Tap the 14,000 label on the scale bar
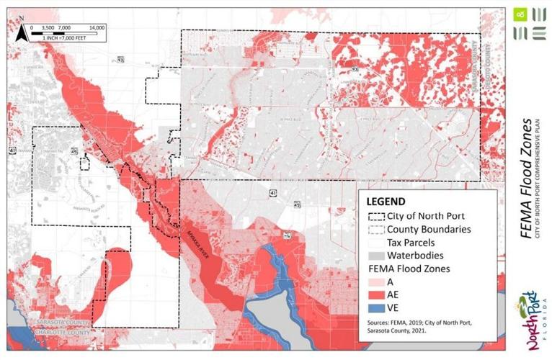click(x=97, y=27)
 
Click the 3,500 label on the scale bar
click(x=48, y=27)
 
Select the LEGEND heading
click(x=386, y=201)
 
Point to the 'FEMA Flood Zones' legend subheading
click(x=407, y=269)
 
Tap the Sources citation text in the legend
click(x=414, y=327)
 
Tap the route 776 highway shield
click(x=287, y=235)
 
